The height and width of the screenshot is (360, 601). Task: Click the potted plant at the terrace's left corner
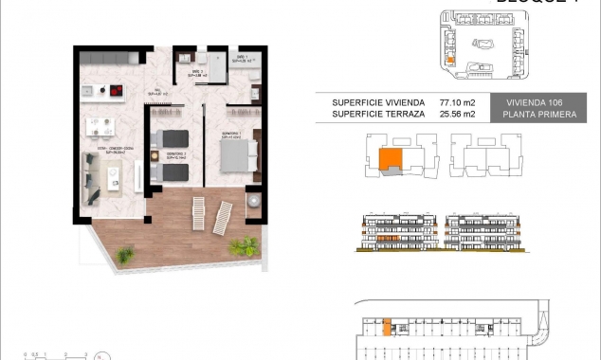(124, 254)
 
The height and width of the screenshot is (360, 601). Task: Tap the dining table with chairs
(101, 128)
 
